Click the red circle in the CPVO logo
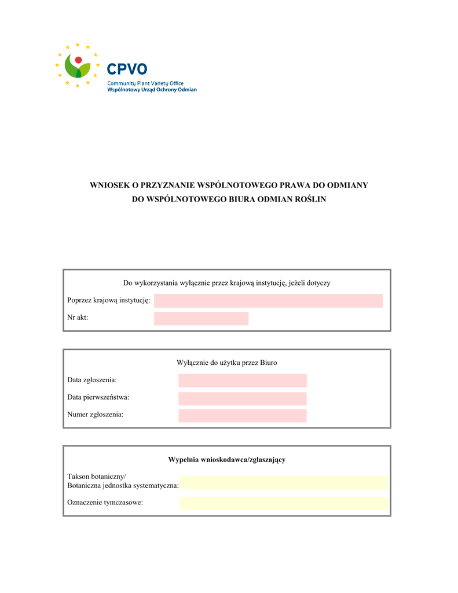(78, 60)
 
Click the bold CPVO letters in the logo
(127, 70)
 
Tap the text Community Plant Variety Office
(145, 83)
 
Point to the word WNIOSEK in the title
(109, 185)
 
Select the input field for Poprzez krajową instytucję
(268, 301)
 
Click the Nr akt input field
(201, 319)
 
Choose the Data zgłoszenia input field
(242, 380)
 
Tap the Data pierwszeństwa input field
(242, 398)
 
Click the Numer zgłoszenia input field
(242, 415)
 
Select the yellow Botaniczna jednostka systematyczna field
(283, 482)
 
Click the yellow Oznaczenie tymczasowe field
(283, 503)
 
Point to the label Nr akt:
(78, 318)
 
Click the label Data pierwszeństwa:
(98, 397)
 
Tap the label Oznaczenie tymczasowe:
(105, 502)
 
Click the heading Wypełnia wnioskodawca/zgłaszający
(226, 460)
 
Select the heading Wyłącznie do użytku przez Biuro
(226, 363)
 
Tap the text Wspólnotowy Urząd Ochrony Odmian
(152, 90)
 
